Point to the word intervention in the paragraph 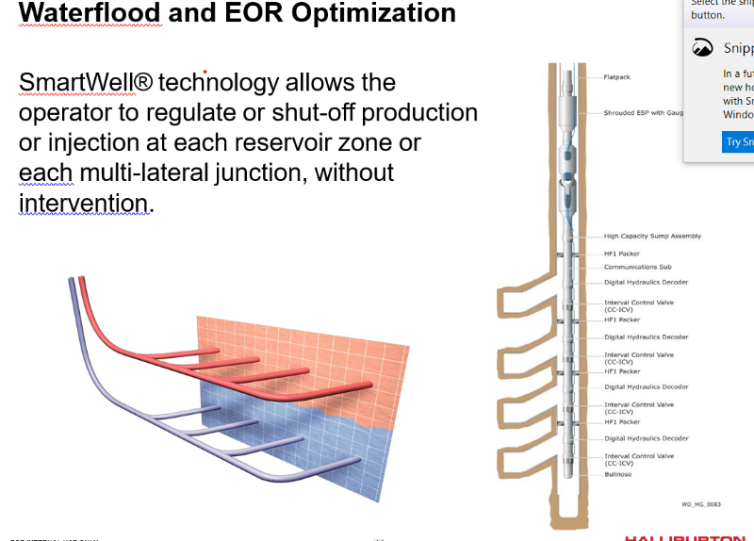84,203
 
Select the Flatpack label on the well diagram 617,77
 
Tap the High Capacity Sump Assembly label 652,237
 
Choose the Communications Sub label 637,267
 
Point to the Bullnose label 618,474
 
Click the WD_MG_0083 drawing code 700,504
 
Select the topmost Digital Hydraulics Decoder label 646,283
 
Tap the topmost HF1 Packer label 622,254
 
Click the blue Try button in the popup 739,142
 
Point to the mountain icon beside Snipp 703,48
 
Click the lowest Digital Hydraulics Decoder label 646,438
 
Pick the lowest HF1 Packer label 622,422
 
